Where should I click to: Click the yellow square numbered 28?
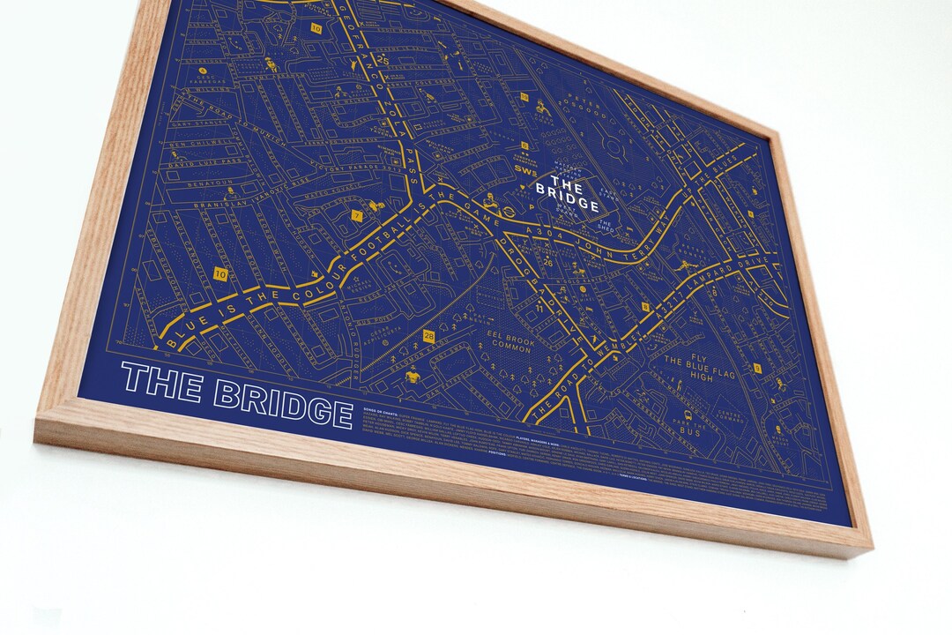click(428, 336)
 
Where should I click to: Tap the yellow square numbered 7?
click(357, 215)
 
